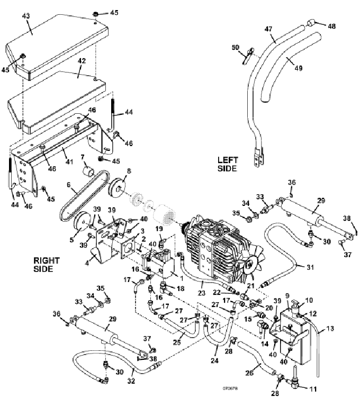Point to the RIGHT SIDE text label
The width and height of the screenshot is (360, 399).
pos(47,264)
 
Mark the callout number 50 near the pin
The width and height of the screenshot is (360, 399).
pos(235,48)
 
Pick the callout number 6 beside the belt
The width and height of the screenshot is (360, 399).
pos(68,184)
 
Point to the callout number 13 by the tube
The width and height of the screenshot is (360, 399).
pos(331,329)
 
